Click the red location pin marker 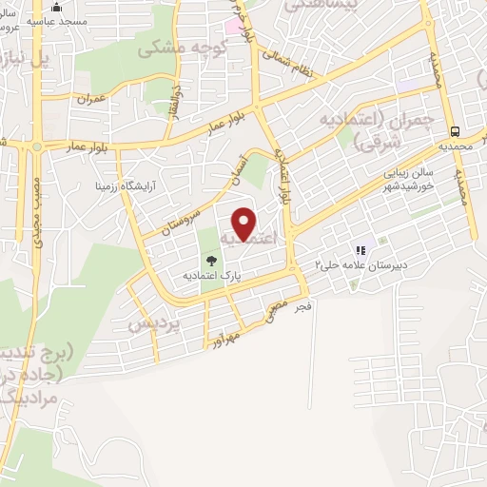click(x=244, y=224)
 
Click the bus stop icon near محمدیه click(x=456, y=132)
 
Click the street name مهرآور click(x=243, y=333)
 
